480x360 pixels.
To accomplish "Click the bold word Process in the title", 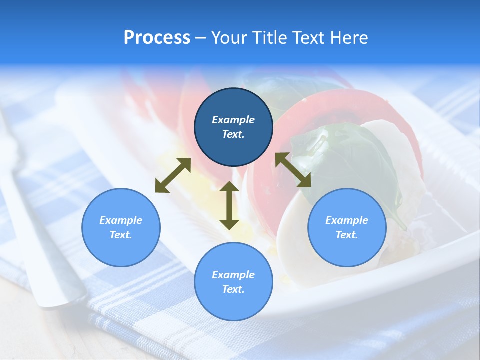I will [x=157, y=38].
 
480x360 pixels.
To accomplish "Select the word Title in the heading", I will [x=269, y=38].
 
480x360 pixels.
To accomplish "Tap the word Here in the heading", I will [x=349, y=38].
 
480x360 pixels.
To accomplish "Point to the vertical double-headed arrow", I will [x=229, y=205].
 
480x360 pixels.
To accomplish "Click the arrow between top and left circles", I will [x=173, y=175].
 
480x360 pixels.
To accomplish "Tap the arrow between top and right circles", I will [x=293, y=170].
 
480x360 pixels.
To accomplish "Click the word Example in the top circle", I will [x=233, y=120].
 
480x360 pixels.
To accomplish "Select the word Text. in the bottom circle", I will [x=233, y=289].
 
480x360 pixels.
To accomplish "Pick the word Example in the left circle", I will [x=121, y=220].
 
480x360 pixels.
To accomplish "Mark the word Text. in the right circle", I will [x=347, y=235].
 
